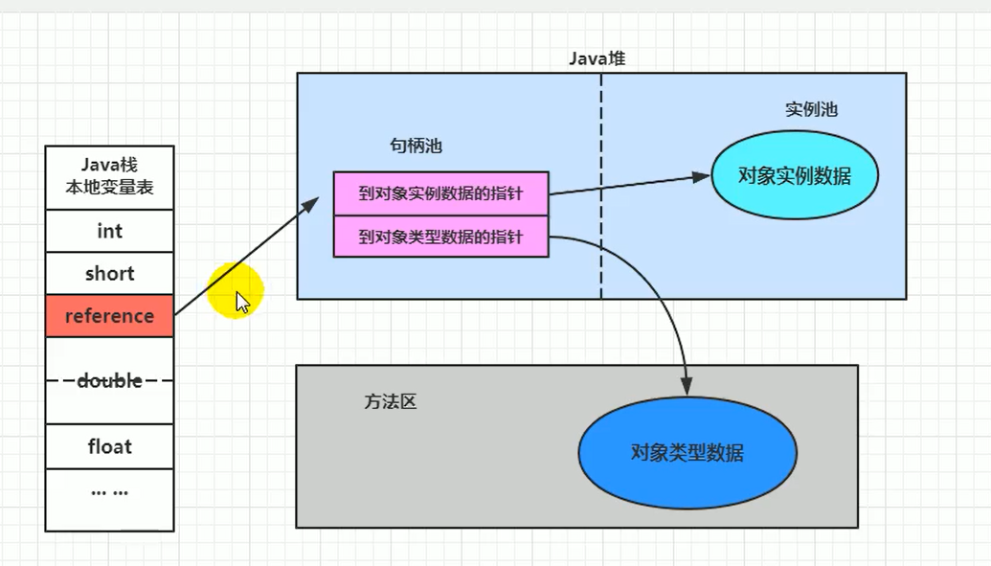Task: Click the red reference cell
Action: (x=109, y=316)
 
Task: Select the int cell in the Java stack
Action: (x=109, y=232)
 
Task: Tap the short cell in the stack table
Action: (x=109, y=274)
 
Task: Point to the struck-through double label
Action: (x=109, y=381)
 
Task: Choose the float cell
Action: (x=109, y=447)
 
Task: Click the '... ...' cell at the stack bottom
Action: (x=109, y=492)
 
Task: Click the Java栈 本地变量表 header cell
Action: (x=109, y=177)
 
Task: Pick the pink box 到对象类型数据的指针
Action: (x=440, y=237)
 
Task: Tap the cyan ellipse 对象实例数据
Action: (x=794, y=176)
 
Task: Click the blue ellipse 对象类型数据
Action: (x=687, y=453)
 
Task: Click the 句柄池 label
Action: (x=416, y=147)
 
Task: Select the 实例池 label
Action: (x=811, y=110)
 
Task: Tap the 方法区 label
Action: (x=390, y=402)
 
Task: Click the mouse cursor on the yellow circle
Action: (x=241, y=302)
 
